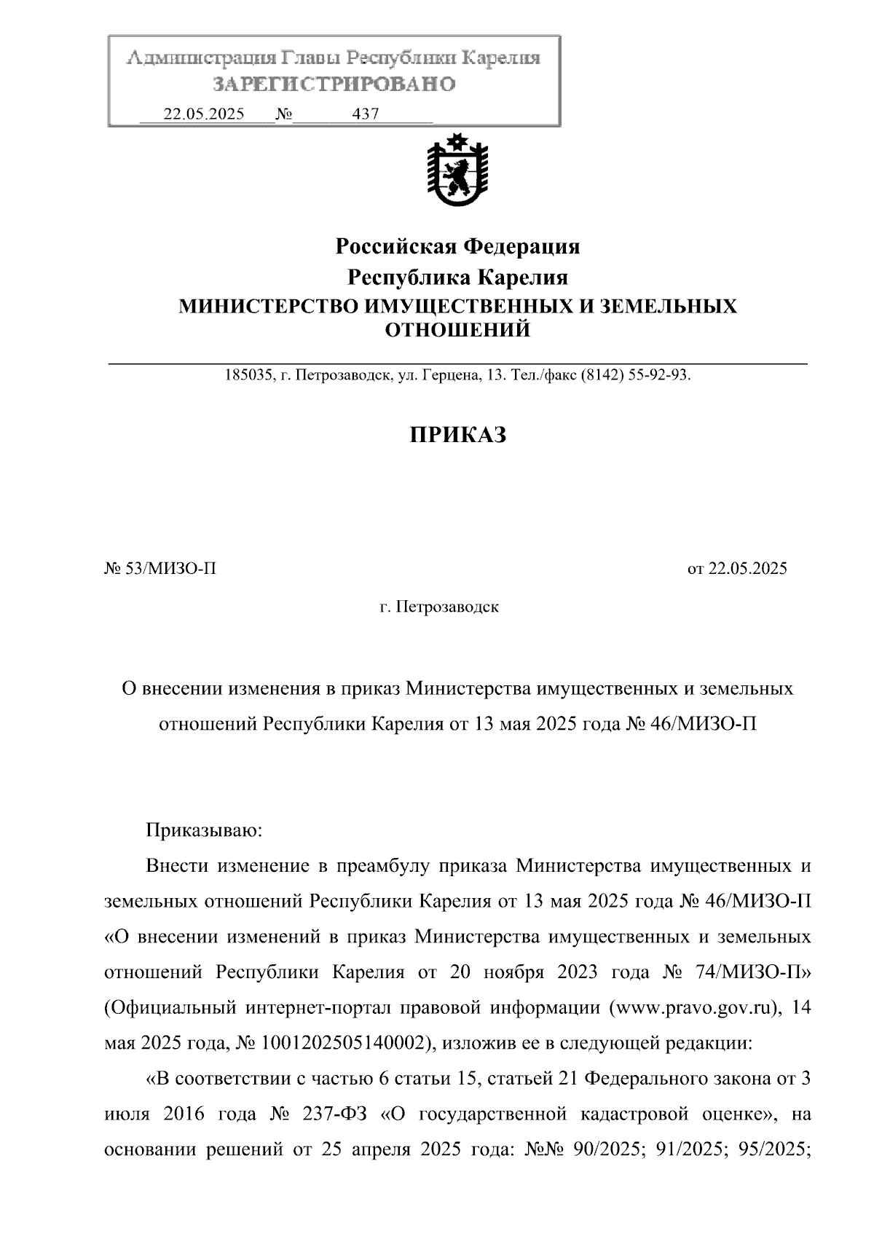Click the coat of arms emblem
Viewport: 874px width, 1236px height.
click(457, 171)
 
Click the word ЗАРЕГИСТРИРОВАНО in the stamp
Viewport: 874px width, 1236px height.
click(334, 84)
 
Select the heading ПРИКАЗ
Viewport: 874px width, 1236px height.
click(457, 436)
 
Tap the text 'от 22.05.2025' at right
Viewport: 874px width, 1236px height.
click(737, 569)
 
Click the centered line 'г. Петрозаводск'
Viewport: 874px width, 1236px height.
click(439, 607)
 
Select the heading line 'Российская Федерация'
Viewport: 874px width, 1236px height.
click(457, 247)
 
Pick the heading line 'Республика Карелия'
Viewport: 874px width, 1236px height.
click(457, 277)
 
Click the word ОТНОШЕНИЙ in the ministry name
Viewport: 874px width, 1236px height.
click(457, 331)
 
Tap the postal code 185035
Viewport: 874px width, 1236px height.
click(248, 376)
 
